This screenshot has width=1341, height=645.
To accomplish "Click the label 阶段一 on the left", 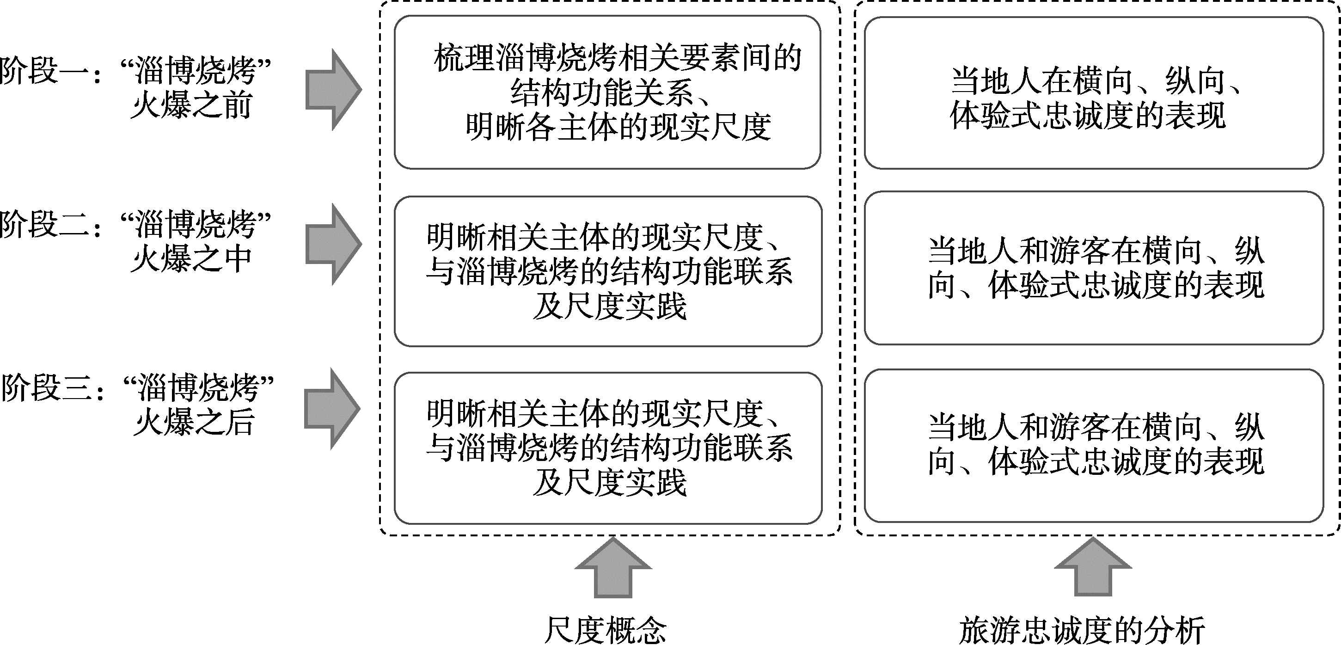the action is click(x=44, y=70).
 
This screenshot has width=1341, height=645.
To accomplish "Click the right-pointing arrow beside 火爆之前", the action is click(x=333, y=90).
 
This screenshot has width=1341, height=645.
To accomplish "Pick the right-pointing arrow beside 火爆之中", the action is click(x=333, y=244).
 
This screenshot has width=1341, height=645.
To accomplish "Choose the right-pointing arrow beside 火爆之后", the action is click(x=332, y=409).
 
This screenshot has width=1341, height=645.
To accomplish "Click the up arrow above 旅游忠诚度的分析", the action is click(x=1093, y=566).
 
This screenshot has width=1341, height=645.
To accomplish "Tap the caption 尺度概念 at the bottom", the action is click(x=605, y=630).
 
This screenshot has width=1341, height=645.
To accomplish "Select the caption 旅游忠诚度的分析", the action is click(x=1082, y=630).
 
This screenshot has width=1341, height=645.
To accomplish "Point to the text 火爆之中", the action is click(x=191, y=259).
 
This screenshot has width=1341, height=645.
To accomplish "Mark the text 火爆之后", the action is click(x=194, y=422).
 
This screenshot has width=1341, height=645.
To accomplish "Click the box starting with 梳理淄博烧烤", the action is click(x=607, y=92).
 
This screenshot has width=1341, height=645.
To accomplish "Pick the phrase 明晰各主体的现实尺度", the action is click(x=618, y=127).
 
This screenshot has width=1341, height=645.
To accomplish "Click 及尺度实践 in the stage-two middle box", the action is click(x=609, y=307).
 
